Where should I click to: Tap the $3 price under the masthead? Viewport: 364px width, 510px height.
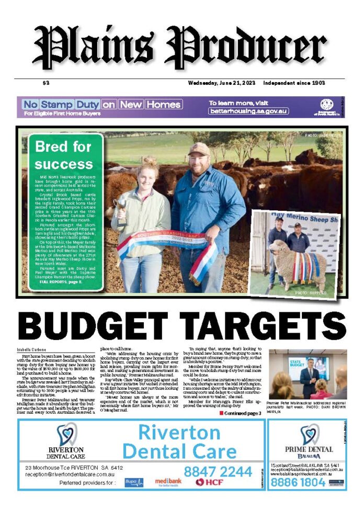pos(45,83)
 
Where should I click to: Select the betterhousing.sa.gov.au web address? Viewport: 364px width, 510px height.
pos(248,111)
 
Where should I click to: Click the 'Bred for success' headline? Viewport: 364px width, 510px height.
pos(64,155)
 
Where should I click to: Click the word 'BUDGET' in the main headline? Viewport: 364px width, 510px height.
pos(108,326)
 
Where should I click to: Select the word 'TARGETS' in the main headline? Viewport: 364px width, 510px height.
pos(272,326)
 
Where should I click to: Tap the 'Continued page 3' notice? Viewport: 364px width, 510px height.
pos(240,413)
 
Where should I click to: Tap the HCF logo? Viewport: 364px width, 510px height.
pos(207,482)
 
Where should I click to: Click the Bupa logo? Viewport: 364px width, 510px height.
pos(134,482)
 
